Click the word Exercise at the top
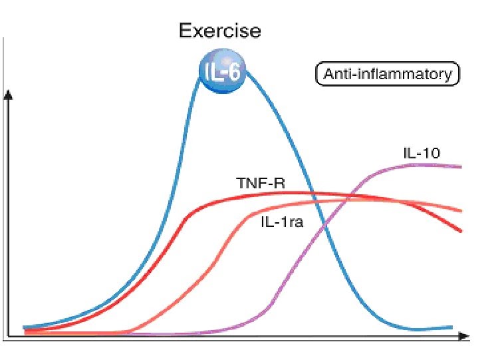coord(219,31)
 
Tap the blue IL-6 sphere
coord(223,73)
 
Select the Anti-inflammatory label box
coord(387,74)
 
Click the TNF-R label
coord(260,182)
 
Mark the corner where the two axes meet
coord(8,336)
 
